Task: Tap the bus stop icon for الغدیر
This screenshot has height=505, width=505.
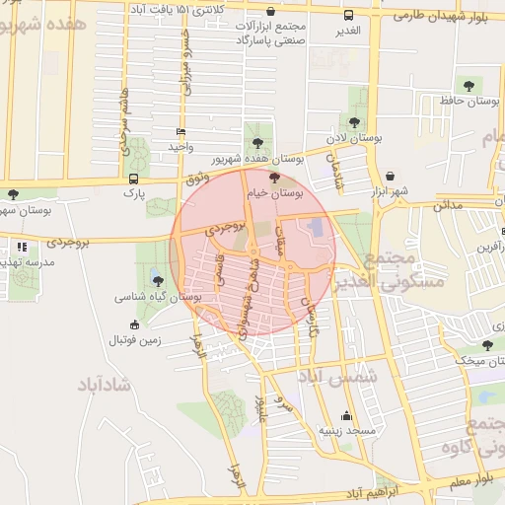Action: tap(348, 15)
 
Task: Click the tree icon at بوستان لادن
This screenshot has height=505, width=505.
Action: tap(353, 121)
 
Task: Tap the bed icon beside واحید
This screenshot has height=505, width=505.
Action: tap(180, 131)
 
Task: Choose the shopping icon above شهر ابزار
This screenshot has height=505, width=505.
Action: tap(391, 175)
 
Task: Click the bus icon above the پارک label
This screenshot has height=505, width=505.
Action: tap(133, 179)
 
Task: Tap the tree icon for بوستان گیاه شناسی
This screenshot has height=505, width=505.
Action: tap(158, 280)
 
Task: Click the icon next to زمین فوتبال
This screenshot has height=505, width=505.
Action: tap(135, 325)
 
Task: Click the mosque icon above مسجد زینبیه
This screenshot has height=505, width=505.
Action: tap(346, 415)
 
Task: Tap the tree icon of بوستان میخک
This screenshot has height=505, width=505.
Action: tap(487, 344)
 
